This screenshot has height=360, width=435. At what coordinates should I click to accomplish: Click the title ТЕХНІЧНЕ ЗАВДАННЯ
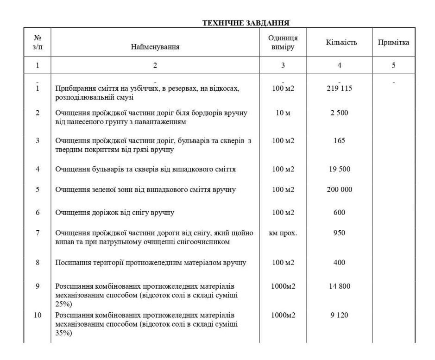tap(246, 22)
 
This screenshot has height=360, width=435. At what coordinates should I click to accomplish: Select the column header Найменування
tap(155, 46)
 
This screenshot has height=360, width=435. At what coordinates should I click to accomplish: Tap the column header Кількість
tap(340, 43)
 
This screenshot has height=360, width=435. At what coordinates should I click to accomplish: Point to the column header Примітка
tap(393, 43)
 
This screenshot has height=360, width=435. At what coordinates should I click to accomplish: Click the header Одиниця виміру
tap(283, 43)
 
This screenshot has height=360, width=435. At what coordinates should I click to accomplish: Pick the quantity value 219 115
tap(340, 88)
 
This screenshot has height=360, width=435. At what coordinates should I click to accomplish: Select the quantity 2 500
tap(340, 113)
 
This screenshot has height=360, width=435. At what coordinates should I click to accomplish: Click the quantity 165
tap(340, 141)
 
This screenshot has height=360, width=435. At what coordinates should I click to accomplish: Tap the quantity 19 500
tap(340, 169)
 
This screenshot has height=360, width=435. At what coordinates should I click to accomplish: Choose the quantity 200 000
tap(340, 190)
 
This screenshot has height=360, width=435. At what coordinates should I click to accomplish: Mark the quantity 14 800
tap(340, 286)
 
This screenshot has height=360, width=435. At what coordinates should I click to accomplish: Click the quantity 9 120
tap(340, 316)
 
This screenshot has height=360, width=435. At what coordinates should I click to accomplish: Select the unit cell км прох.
tap(283, 233)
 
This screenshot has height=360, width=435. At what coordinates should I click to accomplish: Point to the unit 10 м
tap(283, 113)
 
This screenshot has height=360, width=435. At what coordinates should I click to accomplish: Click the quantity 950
tap(340, 233)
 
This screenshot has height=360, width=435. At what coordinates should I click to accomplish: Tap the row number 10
tap(38, 316)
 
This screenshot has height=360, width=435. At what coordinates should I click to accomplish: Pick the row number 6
tap(38, 213)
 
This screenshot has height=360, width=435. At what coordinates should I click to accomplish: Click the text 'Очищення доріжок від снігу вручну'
tap(114, 213)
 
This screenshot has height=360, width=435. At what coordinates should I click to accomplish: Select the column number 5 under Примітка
tap(393, 65)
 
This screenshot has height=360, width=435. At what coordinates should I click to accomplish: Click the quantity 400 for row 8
tap(340, 263)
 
